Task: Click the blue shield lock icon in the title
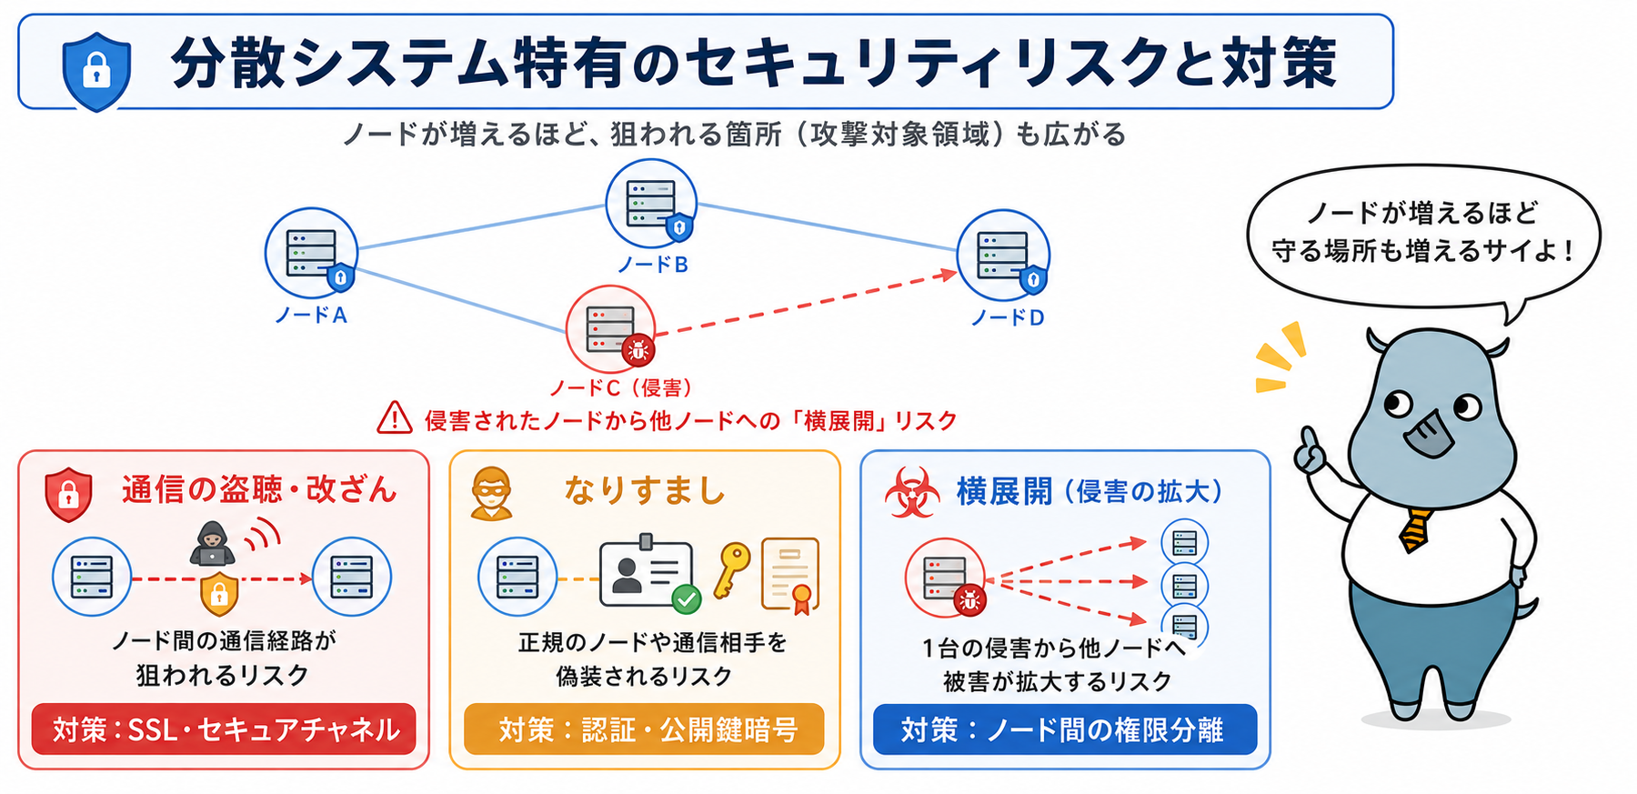[x=96, y=71]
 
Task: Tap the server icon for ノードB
[x=652, y=204]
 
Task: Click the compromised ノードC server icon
[x=611, y=328]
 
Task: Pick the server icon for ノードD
[x=1004, y=256]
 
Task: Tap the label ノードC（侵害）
[x=620, y=388]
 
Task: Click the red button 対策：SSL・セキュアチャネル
[x=224, y=729]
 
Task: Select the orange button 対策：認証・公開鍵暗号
[x=644, y=729]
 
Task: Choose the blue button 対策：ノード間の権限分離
[x=1065, y=729]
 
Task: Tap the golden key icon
[x=731, y=569]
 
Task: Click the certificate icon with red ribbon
[x=789, y=575]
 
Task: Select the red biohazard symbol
[x=912, y=492]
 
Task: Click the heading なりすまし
[x=645, y=490]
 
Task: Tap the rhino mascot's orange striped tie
[x=1415, y=529]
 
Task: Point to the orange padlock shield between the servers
[x=219, y=594]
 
